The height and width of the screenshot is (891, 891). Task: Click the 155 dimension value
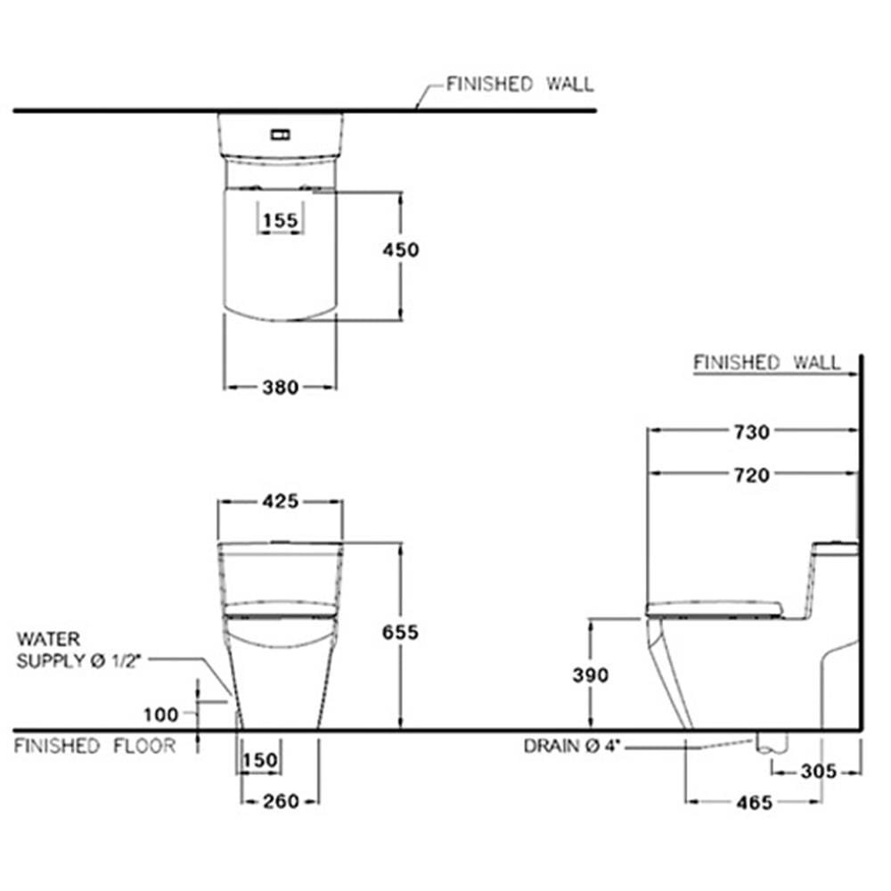[281, 220]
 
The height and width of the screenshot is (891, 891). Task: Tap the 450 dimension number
[401, 250]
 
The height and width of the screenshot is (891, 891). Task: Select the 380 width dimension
[280, 388]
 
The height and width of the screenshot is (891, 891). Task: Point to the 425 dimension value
[280, 501]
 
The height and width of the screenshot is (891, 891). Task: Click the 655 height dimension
[400, 632]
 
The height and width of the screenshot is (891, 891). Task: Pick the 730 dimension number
[752, 432]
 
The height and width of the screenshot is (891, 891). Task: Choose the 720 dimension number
[752, 475]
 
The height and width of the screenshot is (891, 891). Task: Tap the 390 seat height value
[591, 675]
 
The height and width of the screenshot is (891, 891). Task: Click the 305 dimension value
[818, 772]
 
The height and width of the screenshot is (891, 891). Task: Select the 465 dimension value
[754, 803]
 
